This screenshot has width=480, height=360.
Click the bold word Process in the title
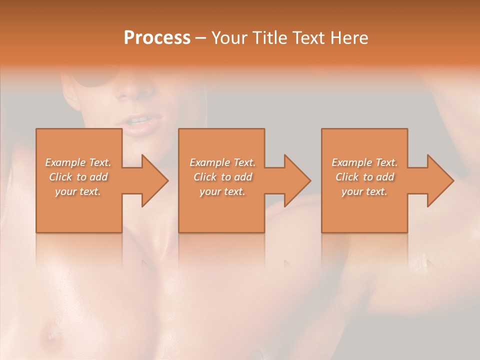pos(157,37)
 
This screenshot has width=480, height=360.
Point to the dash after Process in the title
pos(201,38)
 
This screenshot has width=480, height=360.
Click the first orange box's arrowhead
pos(154,180)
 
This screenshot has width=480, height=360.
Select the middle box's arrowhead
pos(297,180)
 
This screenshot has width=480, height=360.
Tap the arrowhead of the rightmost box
pos(440,180)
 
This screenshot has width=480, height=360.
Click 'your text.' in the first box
pos(78,191)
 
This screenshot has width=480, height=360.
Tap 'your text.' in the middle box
pos(222,191)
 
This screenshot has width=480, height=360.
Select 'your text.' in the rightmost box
pos(364,191)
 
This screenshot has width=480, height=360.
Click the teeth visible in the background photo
pos(138,120)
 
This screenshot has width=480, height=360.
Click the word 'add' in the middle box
pos(243,177)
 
